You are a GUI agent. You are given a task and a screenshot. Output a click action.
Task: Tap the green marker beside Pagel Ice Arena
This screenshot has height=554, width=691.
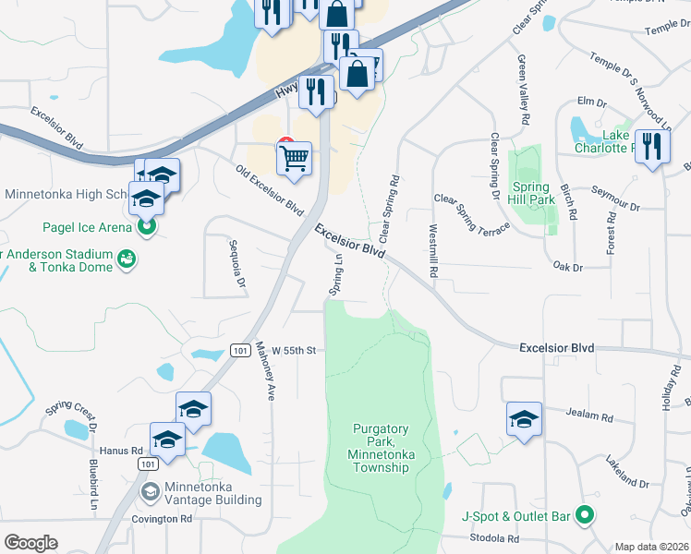145,225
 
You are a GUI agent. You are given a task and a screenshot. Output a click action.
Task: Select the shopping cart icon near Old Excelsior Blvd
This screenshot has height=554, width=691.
294,158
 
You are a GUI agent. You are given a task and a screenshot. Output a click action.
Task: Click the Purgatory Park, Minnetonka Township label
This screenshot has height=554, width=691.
380,448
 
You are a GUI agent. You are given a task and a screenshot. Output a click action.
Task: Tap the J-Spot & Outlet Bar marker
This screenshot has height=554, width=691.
584,515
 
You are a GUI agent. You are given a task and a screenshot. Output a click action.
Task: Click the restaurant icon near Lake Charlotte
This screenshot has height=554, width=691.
652,148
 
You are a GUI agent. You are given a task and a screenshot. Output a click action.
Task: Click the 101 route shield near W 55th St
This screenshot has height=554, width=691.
240,351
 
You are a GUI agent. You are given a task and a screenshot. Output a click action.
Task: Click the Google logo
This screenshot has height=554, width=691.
30,543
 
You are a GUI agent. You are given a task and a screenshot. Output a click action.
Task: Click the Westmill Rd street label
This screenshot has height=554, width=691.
432,252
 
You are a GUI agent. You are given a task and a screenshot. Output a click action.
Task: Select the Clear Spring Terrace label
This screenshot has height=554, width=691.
472,215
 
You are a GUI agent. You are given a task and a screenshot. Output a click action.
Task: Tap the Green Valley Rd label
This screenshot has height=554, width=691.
524,90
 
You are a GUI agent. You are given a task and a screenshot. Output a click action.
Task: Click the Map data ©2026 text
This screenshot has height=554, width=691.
652,547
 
